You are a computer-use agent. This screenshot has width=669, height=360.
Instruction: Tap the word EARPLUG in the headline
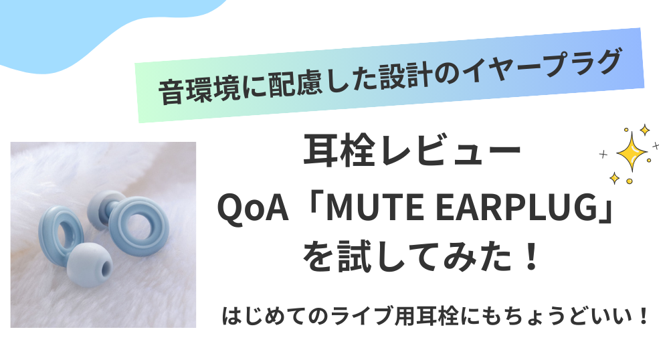512,207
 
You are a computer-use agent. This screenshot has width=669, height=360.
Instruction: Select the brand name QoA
253,208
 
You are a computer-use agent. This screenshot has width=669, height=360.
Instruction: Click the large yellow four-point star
632,151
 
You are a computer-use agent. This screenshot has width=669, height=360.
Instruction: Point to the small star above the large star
644,130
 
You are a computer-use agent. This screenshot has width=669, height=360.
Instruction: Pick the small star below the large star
614,178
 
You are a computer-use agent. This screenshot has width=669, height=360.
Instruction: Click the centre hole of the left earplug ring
64,234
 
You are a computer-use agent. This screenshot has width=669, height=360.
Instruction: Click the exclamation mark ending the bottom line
644,317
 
